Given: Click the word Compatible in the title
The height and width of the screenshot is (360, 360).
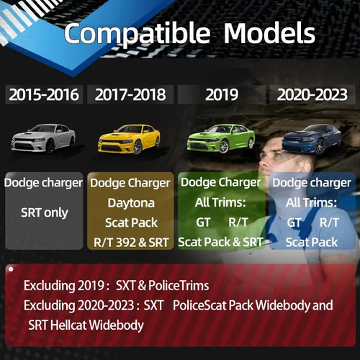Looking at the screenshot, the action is (137, 33).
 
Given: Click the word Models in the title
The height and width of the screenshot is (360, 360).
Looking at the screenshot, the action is (269, 33).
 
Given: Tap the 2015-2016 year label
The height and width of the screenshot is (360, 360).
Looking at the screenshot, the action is (44, 94).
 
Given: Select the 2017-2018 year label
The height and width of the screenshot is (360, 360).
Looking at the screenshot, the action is (130, 94).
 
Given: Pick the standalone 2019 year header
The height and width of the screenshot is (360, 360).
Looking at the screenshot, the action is (222, 94).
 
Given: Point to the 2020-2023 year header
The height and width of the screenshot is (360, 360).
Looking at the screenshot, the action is (312, 94).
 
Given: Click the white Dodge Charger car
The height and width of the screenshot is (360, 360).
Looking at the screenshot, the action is (43, 138).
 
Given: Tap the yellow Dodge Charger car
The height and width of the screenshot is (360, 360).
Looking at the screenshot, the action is (129, 139).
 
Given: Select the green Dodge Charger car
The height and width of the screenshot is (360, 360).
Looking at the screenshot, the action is (221, 138).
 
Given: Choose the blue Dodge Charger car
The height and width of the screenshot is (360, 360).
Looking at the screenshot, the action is (312, 139).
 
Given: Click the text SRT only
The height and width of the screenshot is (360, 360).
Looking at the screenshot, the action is (45, 213).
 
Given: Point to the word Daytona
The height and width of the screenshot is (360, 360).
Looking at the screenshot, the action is (131, 203).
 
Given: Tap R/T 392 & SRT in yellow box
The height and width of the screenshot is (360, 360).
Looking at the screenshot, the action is (131, 243).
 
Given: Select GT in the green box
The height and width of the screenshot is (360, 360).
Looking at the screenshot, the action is (203, 222).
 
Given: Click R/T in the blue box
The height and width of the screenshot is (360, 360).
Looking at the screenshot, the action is (329, 222).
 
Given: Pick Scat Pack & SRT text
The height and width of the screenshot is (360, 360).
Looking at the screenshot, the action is (220, 242).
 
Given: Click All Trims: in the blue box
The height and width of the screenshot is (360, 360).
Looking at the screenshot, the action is (311, 203).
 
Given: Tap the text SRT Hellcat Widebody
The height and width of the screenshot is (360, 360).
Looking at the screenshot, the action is (86, 325).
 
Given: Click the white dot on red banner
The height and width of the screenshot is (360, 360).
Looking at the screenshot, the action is (11, 269).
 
